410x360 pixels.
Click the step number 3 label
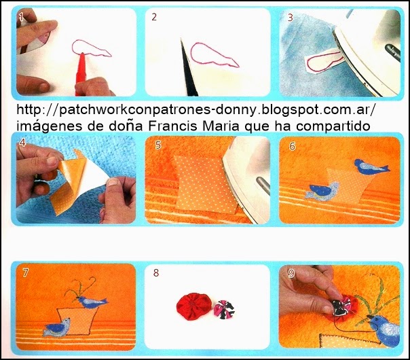coord(290,17)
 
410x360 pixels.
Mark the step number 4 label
coord(22,143)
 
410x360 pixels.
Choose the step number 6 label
coord(292,145)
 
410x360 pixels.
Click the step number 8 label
coord(156,273)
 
